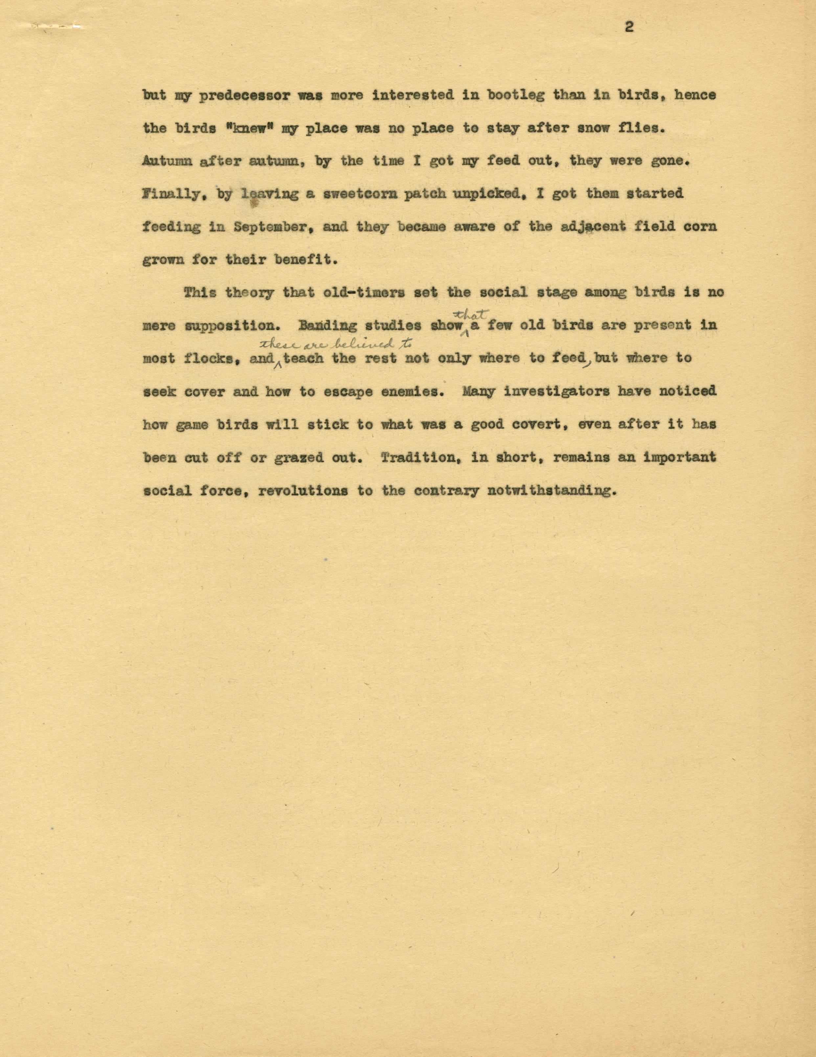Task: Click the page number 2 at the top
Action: [x=629, y=28]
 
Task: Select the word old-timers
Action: [x=355, y=293]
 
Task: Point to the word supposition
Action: [x=232, y=326]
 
